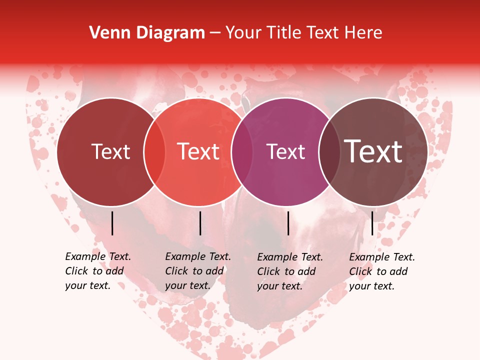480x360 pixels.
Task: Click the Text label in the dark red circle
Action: [x=110, y=152]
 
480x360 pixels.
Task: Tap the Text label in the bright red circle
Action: [x=198, y=152]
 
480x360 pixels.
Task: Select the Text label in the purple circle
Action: [x=286, y=152]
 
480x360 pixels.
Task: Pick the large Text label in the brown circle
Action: [x=373, y=152]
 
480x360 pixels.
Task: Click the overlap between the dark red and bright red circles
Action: [x=154, y=152]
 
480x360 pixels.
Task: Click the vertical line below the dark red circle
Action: [x=112, y=223]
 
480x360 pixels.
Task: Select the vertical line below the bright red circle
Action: [x=200, y=223]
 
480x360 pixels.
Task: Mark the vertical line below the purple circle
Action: [x=288, y=223]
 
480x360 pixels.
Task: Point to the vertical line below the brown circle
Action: [x=372, y=223]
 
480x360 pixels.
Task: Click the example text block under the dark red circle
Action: [x=97, y=271]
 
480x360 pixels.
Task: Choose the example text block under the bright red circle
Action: [x=197, y=271]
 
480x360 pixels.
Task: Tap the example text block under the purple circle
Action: [x=289, y=271]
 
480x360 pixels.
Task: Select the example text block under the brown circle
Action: [x=381, y=271]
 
